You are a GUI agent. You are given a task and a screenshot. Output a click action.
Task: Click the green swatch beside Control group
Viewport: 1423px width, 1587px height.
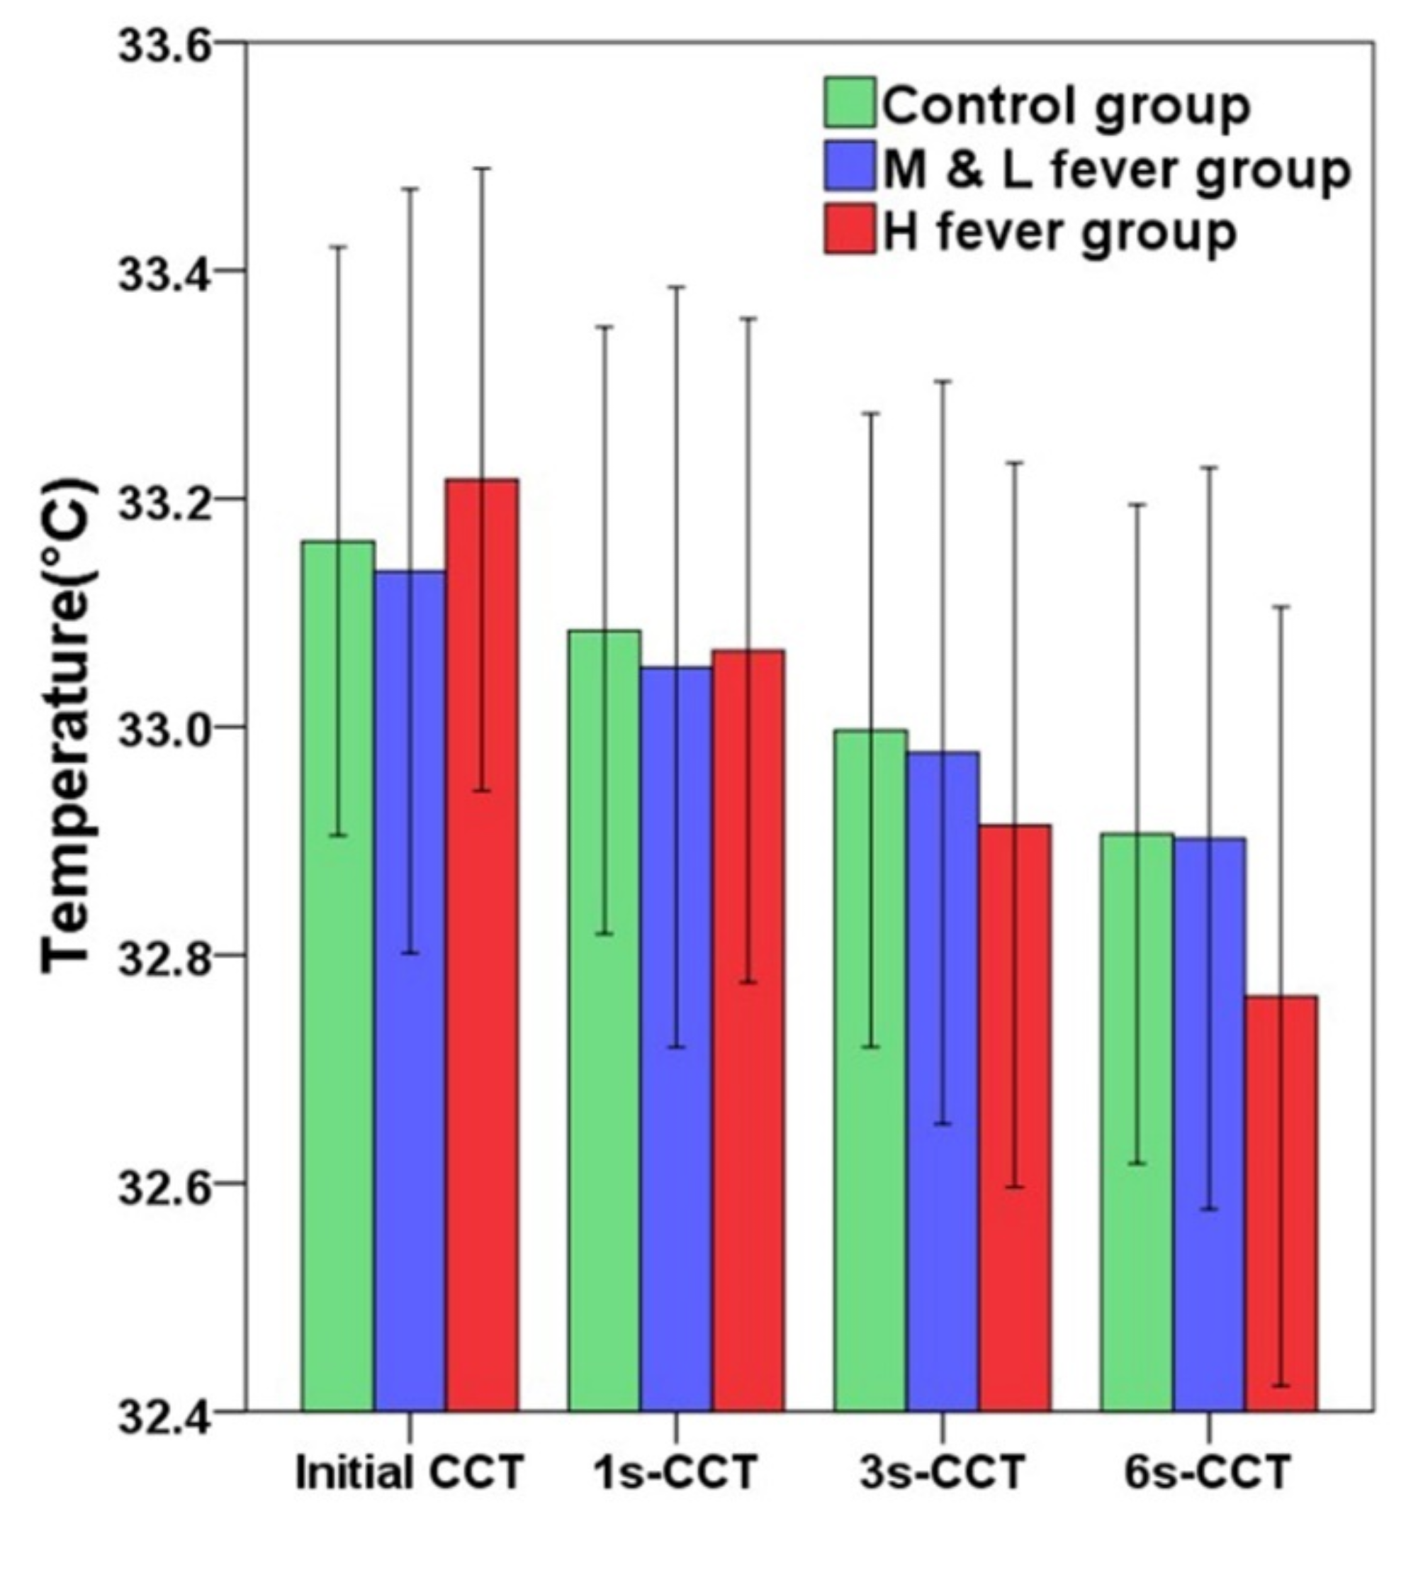coord(849,102)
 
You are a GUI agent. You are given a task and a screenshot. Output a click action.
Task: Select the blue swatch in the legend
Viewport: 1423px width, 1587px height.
coord(849,166)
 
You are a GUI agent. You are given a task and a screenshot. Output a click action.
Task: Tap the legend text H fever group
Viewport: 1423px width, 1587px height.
coord(1059,231)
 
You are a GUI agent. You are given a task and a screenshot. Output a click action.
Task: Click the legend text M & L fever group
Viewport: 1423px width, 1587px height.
coord(1117,169)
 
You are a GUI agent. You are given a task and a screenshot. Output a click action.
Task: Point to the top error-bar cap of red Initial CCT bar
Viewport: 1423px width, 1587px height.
coord(483,168)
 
